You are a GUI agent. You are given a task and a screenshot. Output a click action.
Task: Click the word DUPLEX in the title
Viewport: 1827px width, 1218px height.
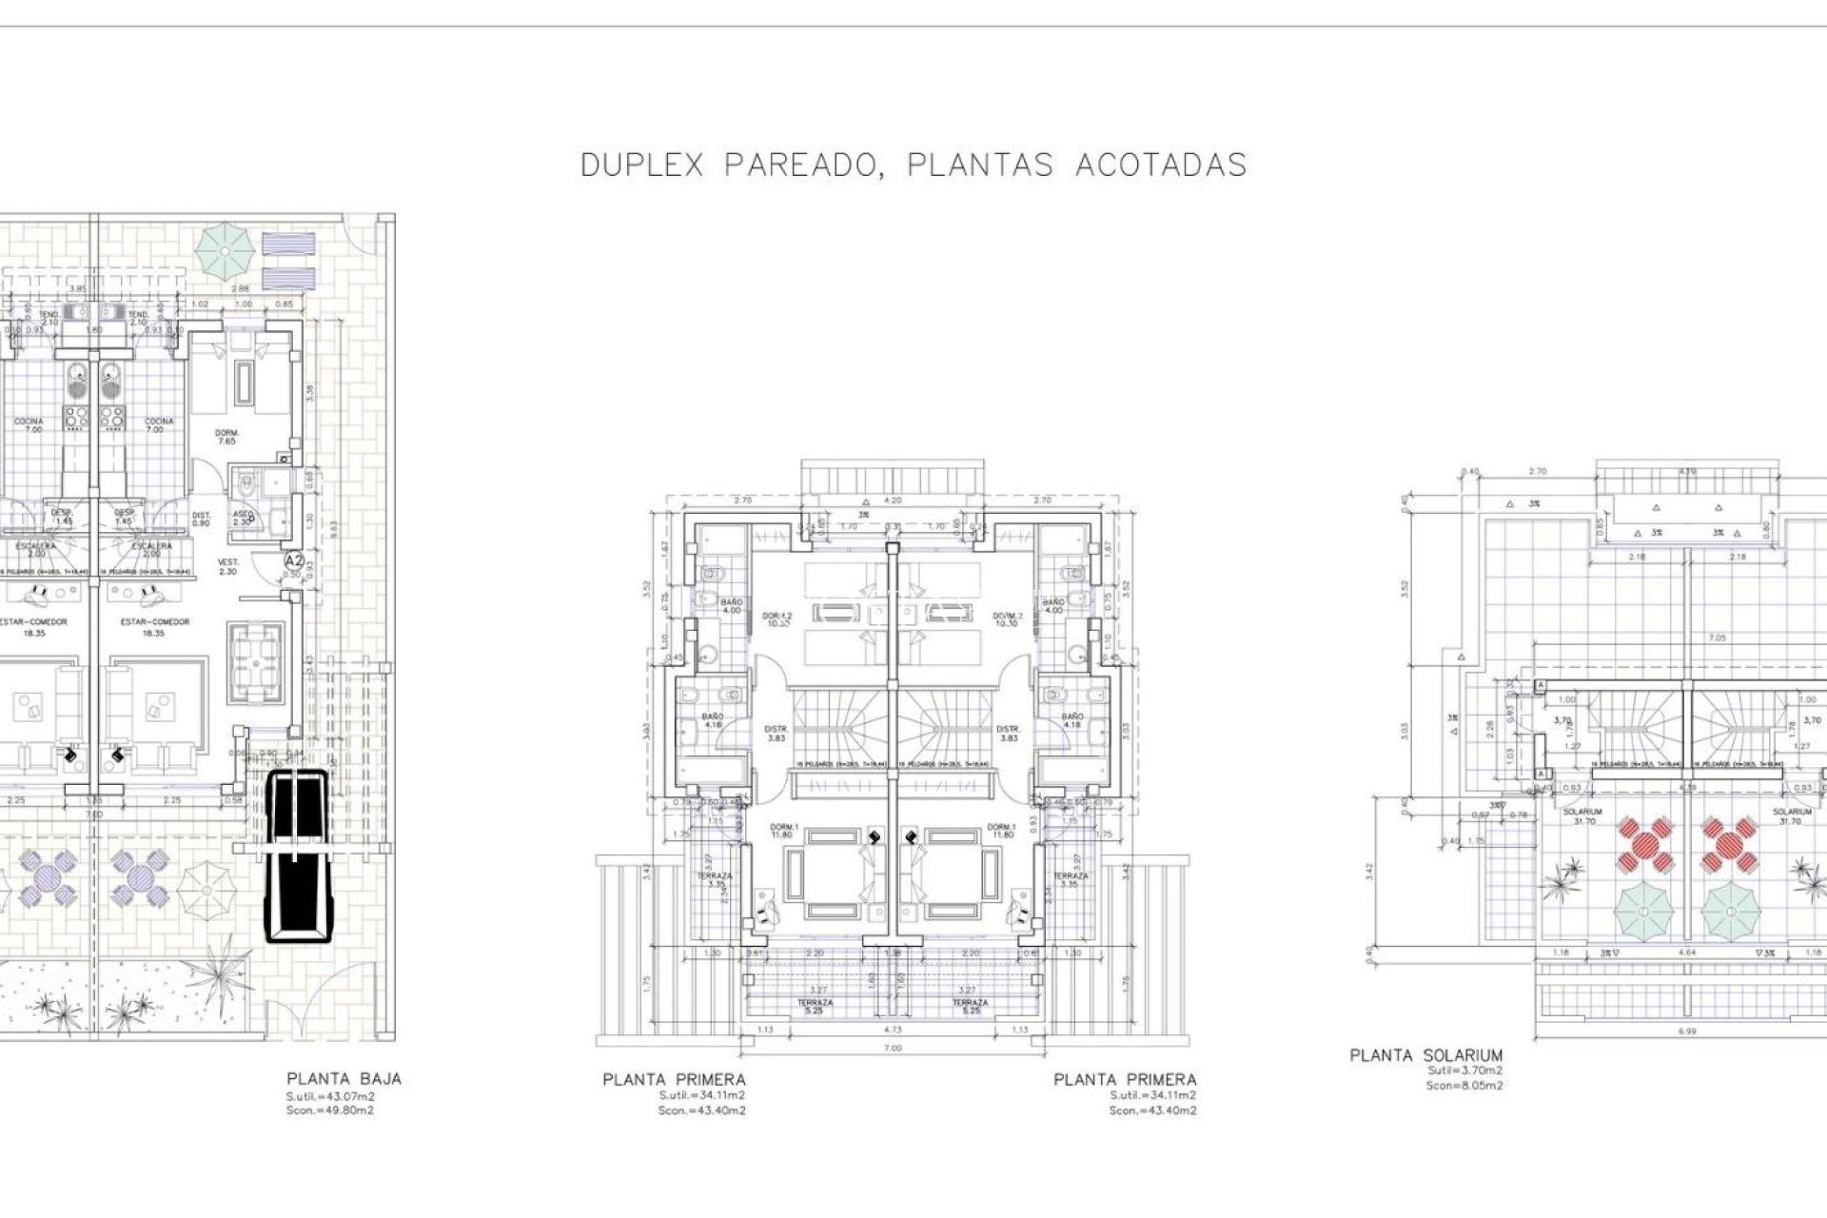click(642, 165)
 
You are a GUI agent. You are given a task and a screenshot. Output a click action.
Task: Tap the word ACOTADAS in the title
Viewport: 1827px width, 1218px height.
click(1161, 165)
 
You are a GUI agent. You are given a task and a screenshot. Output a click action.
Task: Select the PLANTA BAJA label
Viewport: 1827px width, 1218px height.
click(344, 1079)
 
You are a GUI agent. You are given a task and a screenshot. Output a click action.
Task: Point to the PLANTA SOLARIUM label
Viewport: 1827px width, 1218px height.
click(1426, 1055)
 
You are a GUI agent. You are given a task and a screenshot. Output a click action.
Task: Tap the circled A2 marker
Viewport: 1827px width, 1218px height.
click(294, 562)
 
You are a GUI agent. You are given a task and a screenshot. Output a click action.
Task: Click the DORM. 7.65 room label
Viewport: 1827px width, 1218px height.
click(226, 437)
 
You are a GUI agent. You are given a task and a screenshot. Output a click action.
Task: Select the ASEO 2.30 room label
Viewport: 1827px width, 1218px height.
click(242, 519)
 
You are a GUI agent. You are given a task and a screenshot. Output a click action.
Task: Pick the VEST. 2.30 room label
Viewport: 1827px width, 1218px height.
click(228, 566)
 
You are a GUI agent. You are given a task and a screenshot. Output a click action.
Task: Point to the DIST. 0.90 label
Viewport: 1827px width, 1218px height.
click(201, 519)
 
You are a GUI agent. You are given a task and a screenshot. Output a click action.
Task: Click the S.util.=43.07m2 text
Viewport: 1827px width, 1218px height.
click(330, 1096)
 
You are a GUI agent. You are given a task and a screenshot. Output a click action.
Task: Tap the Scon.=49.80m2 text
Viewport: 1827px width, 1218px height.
click(330, 1110)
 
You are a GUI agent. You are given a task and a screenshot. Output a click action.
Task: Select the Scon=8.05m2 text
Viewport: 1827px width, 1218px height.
click(1464, 1086)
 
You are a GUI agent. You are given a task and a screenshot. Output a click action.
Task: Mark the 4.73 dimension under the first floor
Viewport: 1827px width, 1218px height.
click(894, 1029)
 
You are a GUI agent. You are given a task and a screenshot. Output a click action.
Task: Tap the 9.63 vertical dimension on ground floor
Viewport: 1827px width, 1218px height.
click(332, 524)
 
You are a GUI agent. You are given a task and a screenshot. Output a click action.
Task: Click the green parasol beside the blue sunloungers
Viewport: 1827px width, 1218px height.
click(226, 248)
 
